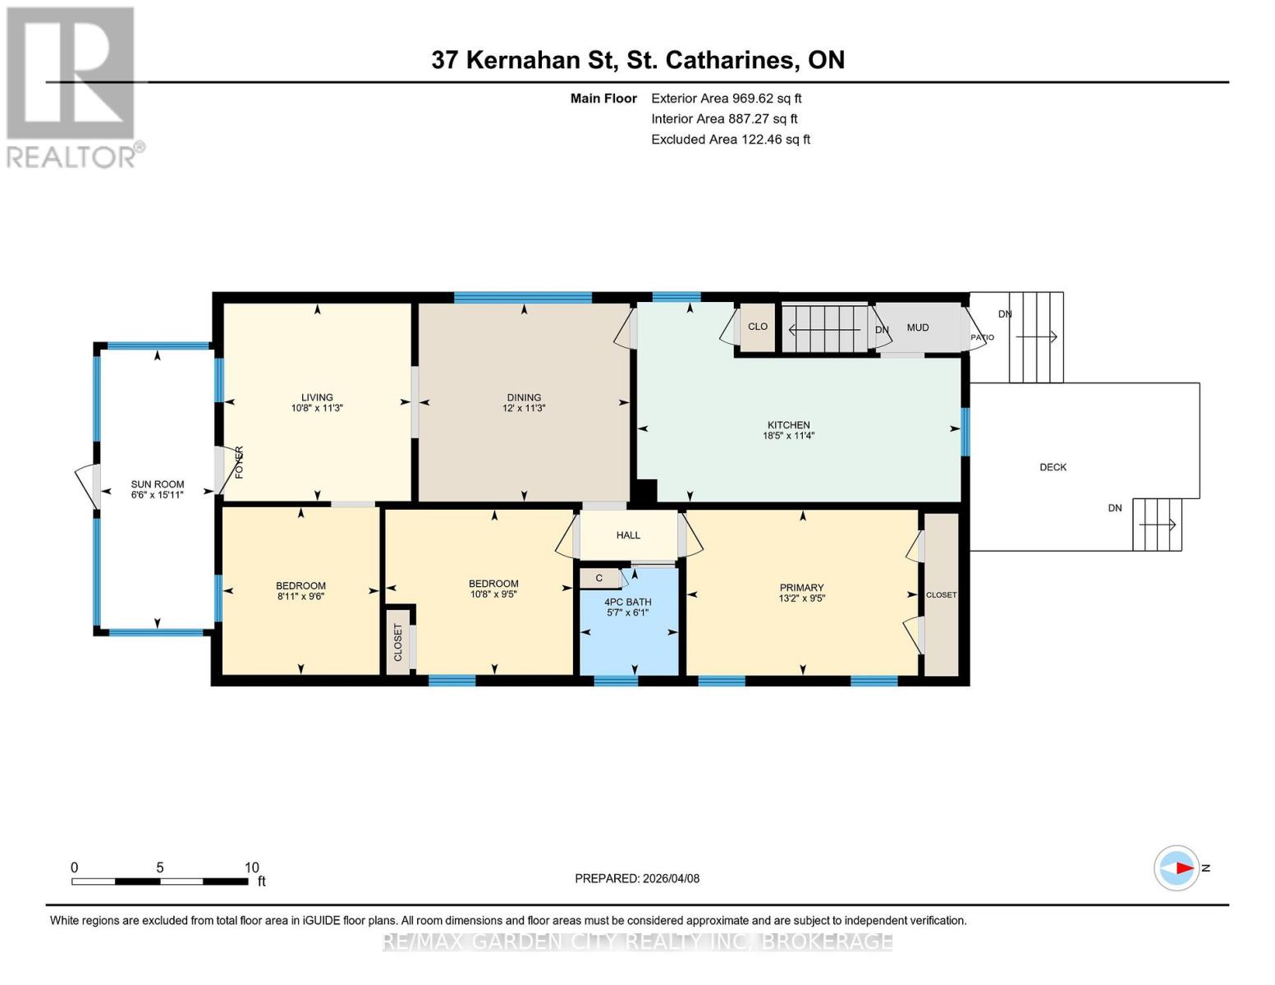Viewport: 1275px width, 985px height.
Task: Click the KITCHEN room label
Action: point(788,425)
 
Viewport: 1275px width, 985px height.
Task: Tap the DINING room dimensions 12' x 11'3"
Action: point(524,409)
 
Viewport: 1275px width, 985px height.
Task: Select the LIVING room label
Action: point(317,397)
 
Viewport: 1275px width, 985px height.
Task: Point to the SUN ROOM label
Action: point(158,484)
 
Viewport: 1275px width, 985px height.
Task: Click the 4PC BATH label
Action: point(627,602)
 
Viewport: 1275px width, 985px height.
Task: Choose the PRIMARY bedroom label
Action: point(801,588)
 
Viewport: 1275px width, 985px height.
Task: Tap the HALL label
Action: point(628,535)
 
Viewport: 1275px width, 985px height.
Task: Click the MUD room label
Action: point(918,328)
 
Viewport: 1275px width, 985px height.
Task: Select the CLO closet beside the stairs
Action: point(757,327)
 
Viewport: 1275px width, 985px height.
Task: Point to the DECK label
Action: point(1053,467)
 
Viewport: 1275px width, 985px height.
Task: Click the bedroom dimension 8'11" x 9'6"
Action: point(300,597)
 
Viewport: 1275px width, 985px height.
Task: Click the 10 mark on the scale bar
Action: point(251,868)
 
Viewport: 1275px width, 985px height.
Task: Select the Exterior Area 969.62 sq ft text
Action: point(726,98)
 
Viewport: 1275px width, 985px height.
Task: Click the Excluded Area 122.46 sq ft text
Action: point(730,140)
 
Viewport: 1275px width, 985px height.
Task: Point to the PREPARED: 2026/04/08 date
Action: point(637,878)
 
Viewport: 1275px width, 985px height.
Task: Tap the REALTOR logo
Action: point(72,86)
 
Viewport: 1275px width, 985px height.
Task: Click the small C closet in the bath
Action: point(599,578)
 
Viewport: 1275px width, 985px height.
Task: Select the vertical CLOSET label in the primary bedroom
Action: point(941,595)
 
